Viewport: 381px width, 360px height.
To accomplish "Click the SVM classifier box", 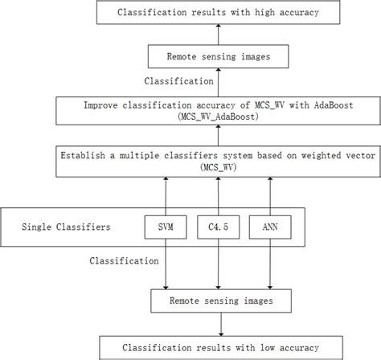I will coord(166,227).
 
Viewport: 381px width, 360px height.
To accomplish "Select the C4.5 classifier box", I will coord(218,227).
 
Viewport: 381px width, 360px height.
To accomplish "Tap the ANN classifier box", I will coord(268,227).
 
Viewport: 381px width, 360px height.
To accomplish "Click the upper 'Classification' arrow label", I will coord(179,82).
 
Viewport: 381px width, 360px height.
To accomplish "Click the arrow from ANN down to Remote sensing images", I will coord(268,265).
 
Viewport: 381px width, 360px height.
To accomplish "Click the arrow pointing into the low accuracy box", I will coord(218,325).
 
